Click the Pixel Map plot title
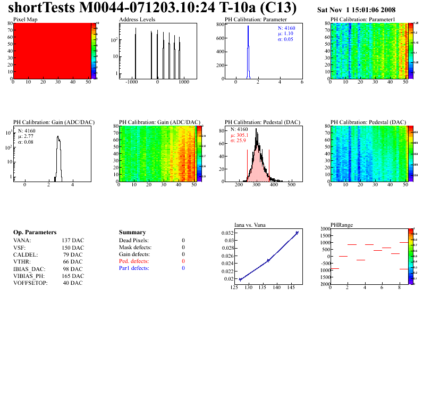tap(26, 19)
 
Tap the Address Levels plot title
tap(137, 19)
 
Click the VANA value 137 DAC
tap(73, 241)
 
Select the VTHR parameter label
tap(22, 262)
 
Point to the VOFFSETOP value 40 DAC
tap(73, 283)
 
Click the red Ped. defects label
tap(134, 261)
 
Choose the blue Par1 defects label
tap(134, 268)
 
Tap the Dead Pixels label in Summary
tap(134, 241)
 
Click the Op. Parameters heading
tap(35, 233)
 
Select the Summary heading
tap(132, 233)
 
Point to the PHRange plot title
tap(342, 225)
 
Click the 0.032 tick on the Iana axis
tap(227, 233)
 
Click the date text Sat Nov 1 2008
tap(356, 10)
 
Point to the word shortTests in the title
tap(41, 9)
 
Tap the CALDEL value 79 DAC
tap(73, 254)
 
